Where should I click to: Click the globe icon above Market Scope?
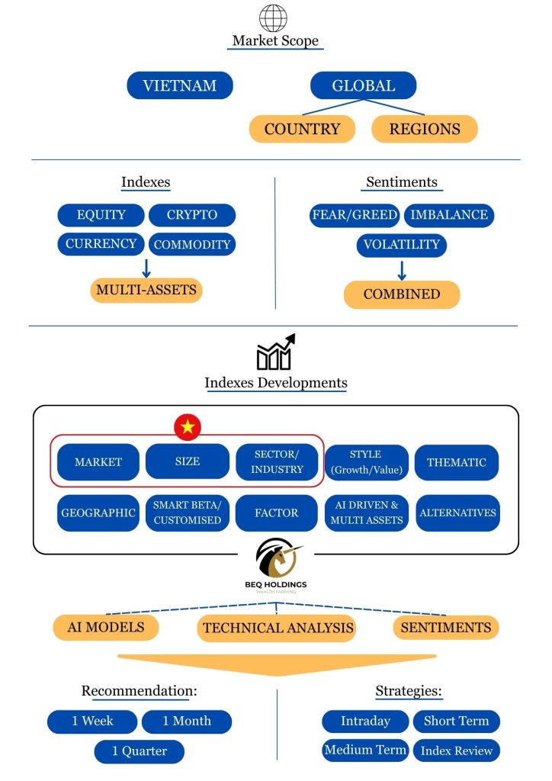(273, 18)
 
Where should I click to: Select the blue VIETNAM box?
(179, 85)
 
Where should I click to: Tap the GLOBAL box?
(364, 85)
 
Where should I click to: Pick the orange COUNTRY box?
(302, 129)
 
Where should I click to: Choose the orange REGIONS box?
(425, 129)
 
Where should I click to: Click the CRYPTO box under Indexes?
(192, 215)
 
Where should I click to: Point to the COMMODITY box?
(192, 245)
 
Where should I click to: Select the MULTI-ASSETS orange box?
(146, 290)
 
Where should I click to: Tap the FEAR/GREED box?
(355, 215)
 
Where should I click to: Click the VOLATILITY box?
(401, 245)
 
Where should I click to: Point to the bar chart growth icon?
(275, 352)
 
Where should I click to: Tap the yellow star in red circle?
(188, 427)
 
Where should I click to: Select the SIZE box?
(188, 462)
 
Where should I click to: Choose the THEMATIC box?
(456, 462)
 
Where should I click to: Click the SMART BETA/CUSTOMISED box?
(188, 513)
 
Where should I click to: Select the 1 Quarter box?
(140, 751)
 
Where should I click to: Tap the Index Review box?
(457, 751)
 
